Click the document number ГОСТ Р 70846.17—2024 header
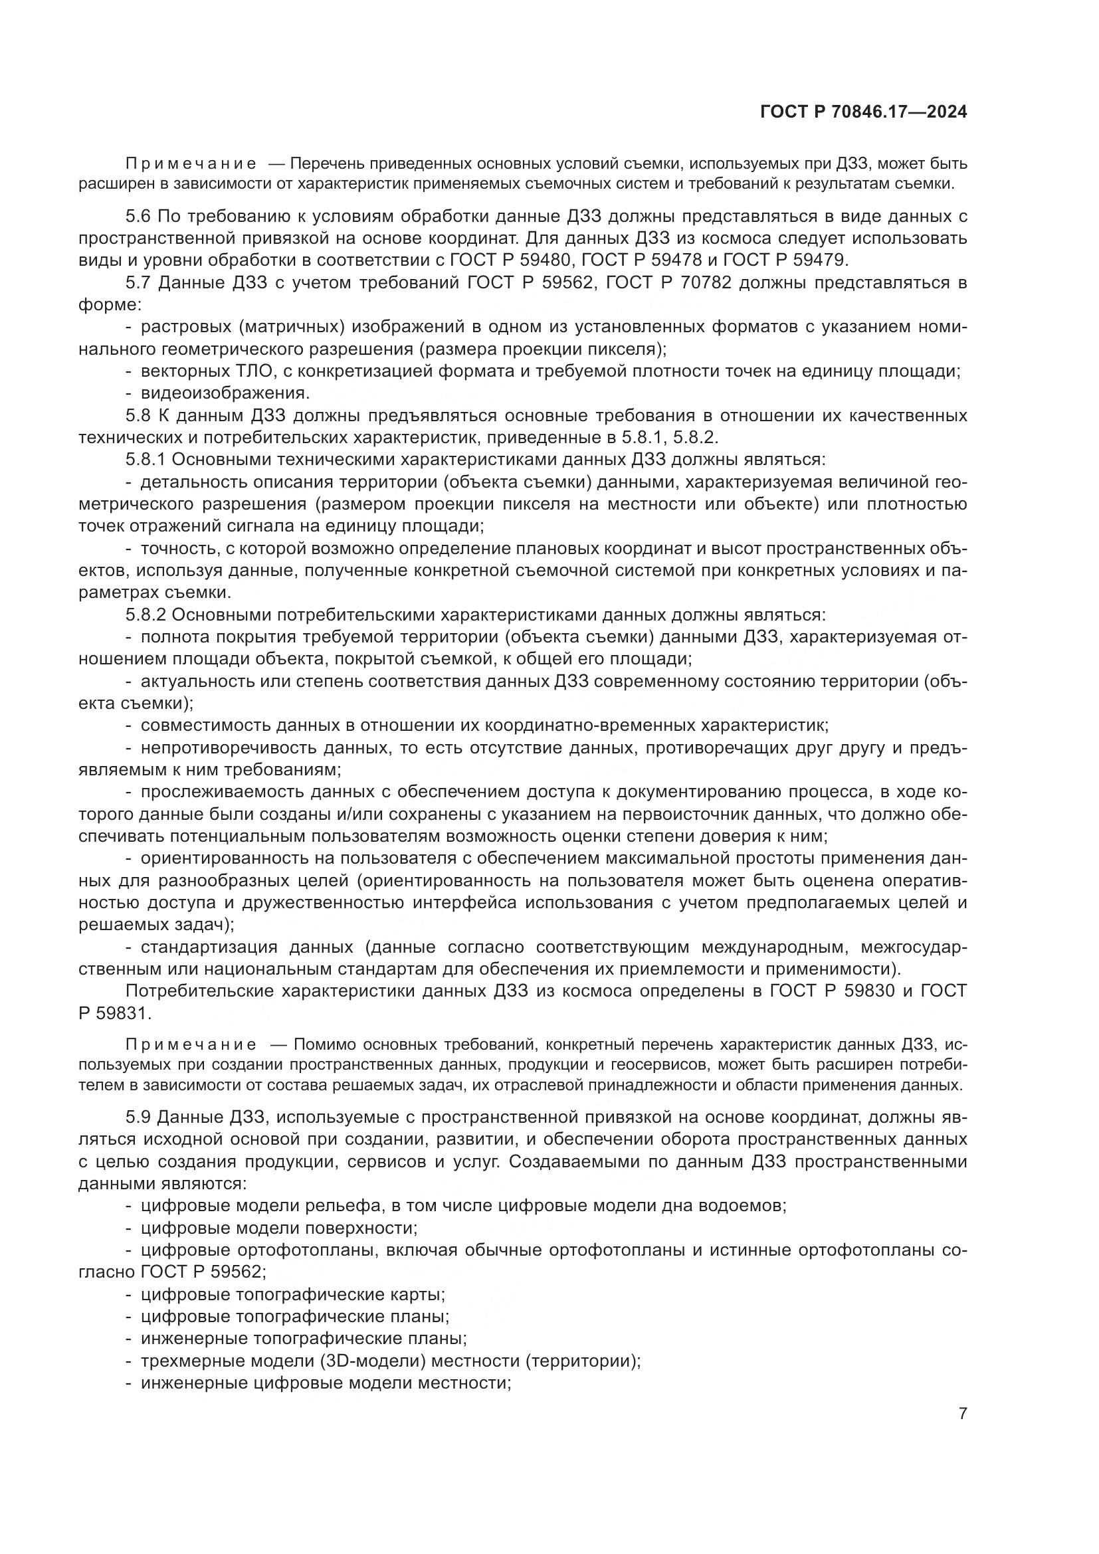pos(864,112)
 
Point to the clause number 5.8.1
pos(146,460)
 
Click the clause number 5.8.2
pos(146,615)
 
